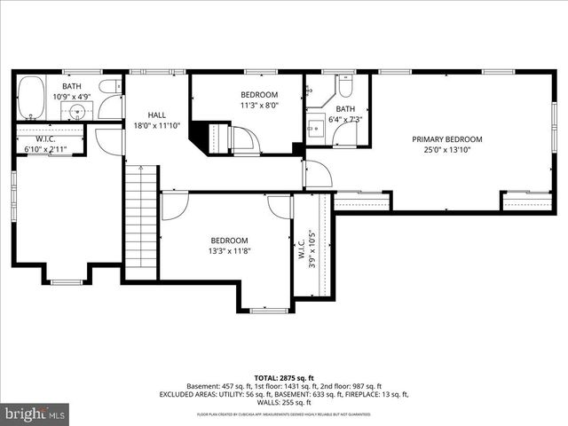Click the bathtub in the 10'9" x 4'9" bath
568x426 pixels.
[x=31, y=98]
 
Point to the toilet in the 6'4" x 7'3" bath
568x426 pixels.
[x=345, y=85]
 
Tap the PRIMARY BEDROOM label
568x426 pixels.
[x=447, y=139]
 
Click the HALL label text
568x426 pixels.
[x=156, y=114]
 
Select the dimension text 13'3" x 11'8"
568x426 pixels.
[x=228, y=251]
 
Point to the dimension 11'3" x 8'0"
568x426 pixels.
[x=259, y=105]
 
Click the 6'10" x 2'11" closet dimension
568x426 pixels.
[x=45, y=149]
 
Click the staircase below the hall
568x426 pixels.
[x=140, y=222]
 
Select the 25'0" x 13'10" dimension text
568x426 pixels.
[x=447, y=150]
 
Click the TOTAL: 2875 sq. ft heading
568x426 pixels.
[x=283, y=376]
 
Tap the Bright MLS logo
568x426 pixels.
[x=35, y=413]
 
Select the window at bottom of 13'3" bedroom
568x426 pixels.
[x=267, y=310]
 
